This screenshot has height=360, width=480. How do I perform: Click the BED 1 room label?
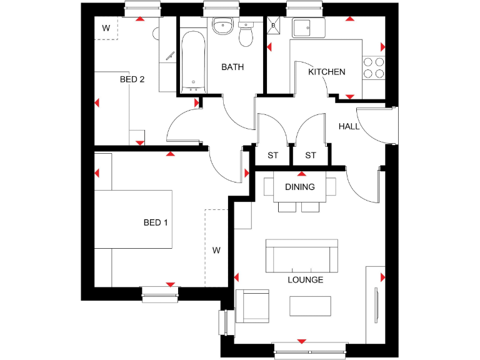pos(156,222)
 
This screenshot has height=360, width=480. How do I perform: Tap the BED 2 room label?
pos(132,79)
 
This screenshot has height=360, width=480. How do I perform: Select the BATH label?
pos(232,67)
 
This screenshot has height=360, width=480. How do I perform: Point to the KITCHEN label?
pos(326,72)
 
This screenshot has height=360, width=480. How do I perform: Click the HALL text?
pos(349,126)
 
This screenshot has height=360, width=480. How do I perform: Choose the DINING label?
pos(300,187)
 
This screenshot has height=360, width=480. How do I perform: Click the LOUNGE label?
pos(305,279)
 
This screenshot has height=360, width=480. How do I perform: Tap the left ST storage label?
pos(272,155)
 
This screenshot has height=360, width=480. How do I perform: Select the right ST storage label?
pos(311,155)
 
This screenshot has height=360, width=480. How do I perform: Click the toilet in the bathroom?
pos(246,34)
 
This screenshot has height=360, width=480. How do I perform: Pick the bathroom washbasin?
pos(222,26)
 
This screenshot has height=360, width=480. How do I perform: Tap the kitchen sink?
pos(307,29)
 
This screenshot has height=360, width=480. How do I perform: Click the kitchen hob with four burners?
pos(373,67)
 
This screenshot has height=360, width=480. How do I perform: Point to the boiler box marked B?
pos(273,26)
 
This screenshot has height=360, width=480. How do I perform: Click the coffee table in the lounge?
pos(310,306)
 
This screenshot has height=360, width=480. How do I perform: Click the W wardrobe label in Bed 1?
pos(216,251)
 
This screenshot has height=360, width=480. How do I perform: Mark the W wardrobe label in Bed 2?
pos(106,28)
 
